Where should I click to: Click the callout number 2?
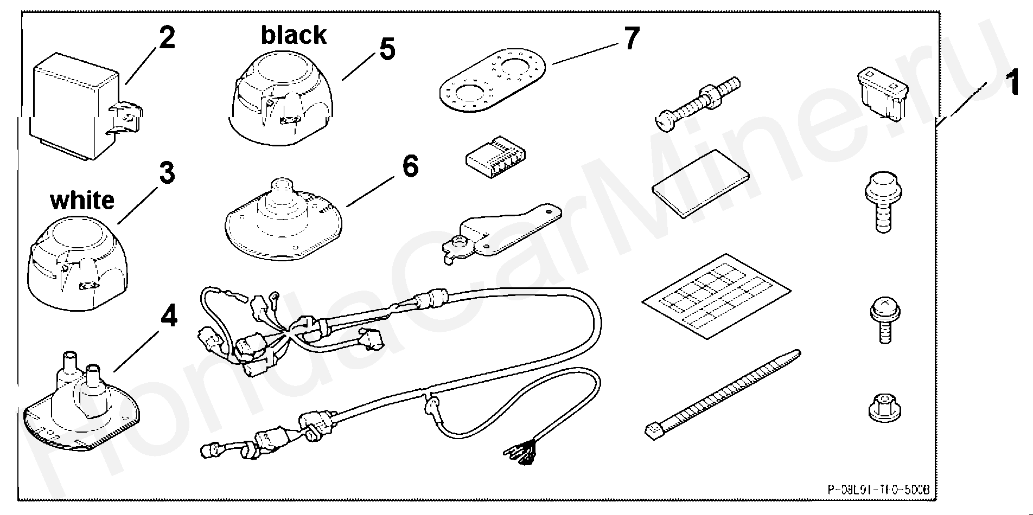[167, 38]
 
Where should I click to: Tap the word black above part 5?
[294, 35]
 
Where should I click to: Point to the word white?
[82, 200]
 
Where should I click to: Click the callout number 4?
[169, 316]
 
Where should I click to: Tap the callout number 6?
[410, 166]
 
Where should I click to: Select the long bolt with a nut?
[698, 102]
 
